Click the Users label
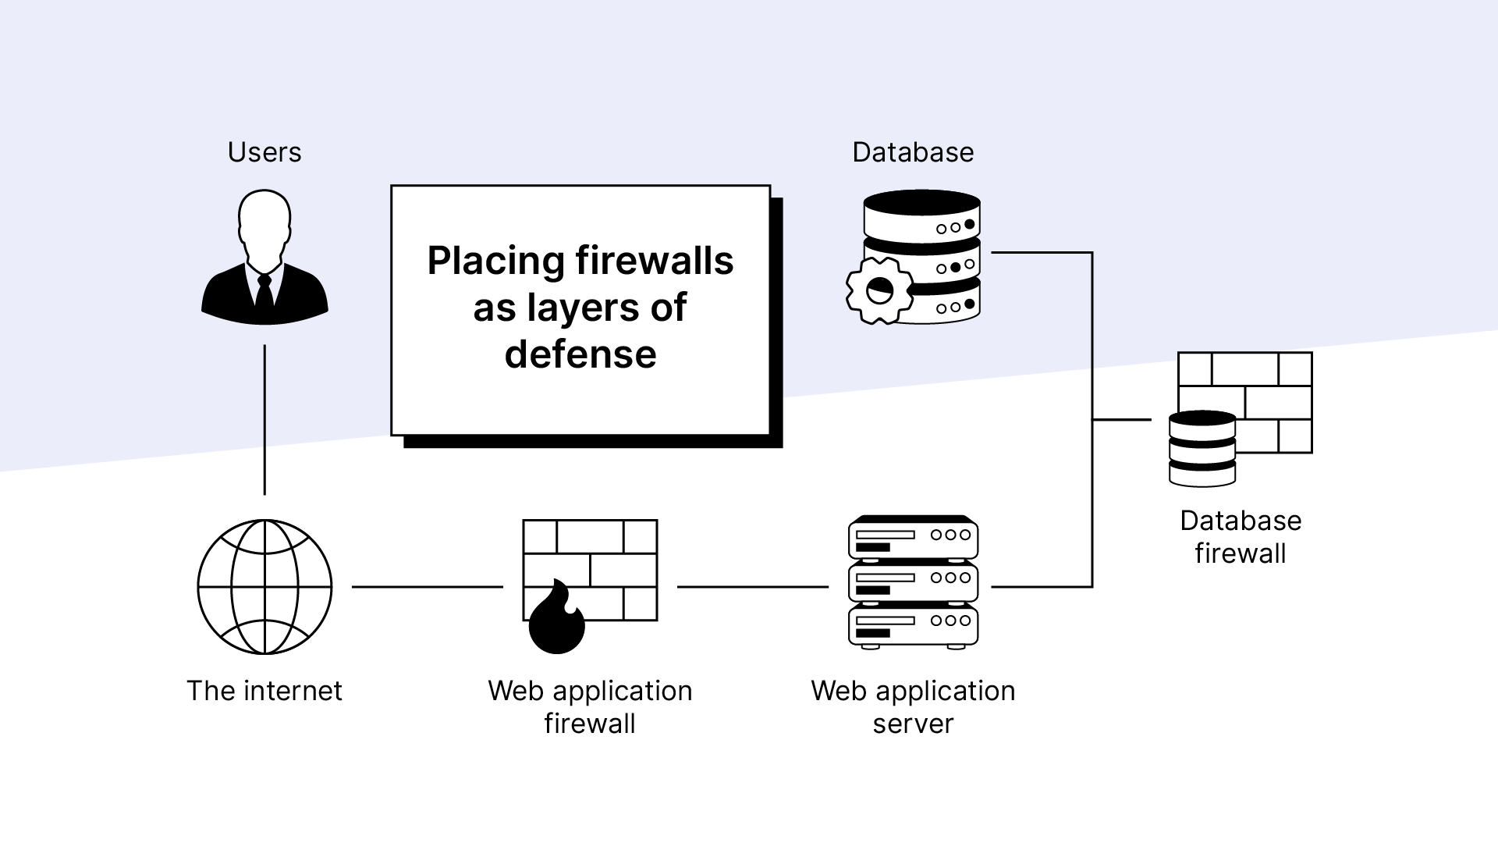[x=264, y=152]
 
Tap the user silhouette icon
[x=264, y=258]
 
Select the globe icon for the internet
[x=264, y=586]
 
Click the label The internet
[x=264, y=691]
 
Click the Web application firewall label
[x=590, y=707]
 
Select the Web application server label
[x=913, y=707]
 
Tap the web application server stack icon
[x=913, y=582]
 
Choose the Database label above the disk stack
[x=913, y=152]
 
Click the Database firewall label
[x=1241, y=537]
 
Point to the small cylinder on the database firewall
[x=1202, y=449]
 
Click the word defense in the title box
[x=580, y=354]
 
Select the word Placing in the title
[x=495, y=261]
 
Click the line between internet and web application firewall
[x=428, y=586]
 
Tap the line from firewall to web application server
[x=752, y=586]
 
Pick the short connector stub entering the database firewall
[x=1122, y=420]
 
